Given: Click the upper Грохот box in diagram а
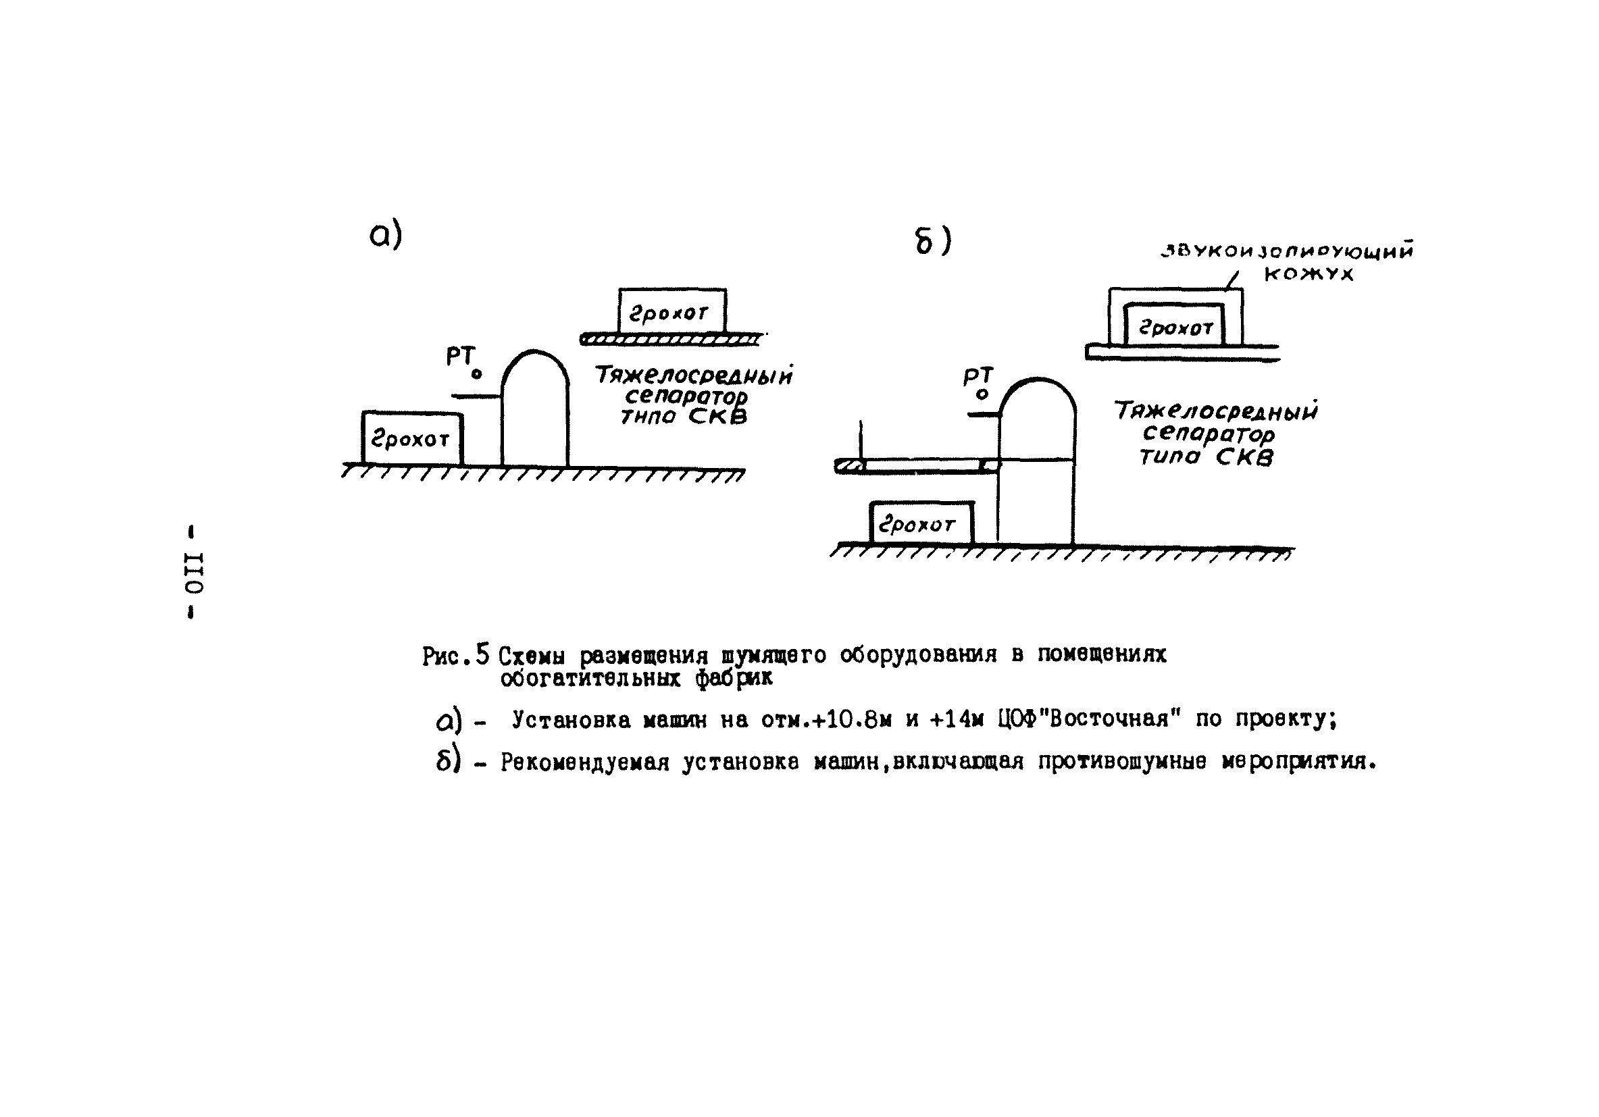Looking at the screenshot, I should pos(672,311).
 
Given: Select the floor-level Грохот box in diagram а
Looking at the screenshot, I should pos(411,438).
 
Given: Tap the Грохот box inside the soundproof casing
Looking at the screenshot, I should pos(1174,326).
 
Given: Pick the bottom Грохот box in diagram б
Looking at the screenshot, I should pos(921,523).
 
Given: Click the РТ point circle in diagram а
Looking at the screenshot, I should pos(476,375).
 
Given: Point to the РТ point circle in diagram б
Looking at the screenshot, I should pos(982,395).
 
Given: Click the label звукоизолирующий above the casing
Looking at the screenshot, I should pos(1286,251).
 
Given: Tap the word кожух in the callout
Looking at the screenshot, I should pos(1309,274).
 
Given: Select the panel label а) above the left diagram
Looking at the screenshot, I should pos(386,236).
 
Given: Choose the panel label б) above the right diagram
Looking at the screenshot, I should pos(932,242).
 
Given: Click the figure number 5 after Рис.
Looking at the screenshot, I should pos(482,654).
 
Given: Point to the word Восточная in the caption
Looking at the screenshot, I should pos(1114,718).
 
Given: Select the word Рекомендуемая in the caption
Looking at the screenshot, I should pos(584,762).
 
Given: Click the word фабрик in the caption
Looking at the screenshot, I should pos(734,677).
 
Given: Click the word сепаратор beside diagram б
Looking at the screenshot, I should pos(1209,433).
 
